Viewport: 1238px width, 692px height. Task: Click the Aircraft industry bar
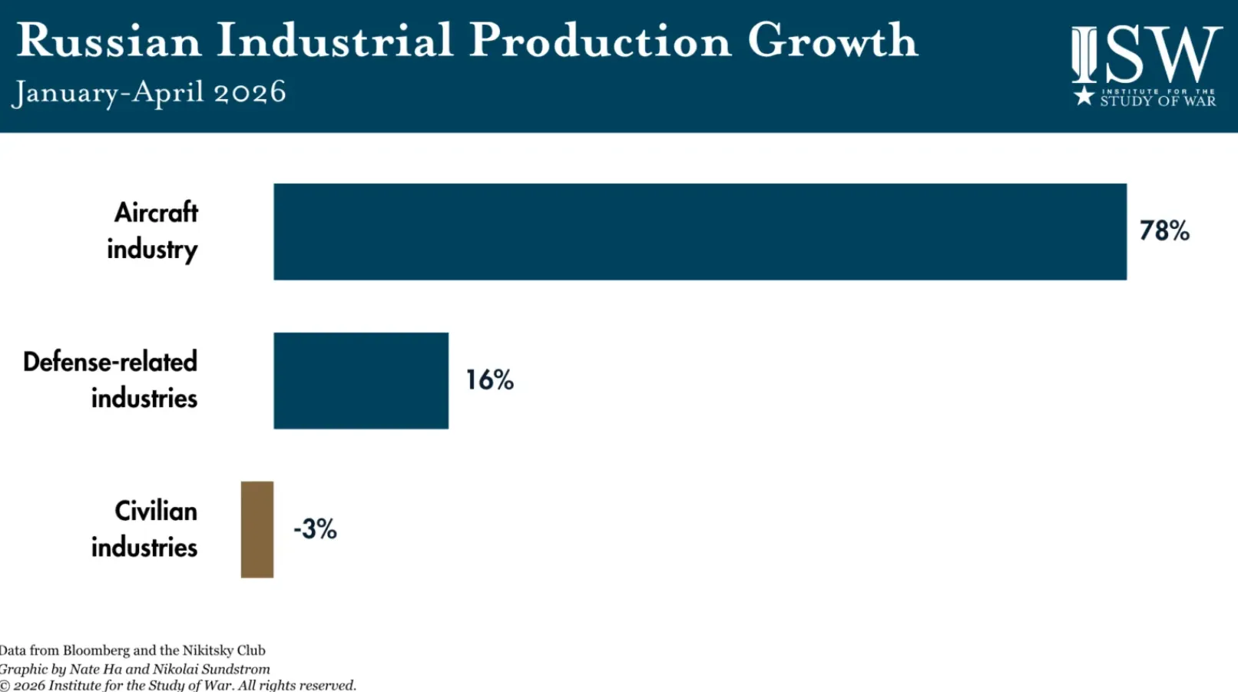click(x=700, y=232)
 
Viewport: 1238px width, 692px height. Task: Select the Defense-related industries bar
click(x=361, y=380)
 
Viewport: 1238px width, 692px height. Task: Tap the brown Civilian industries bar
click(x=257, y=529)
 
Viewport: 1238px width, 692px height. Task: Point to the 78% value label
click(x=1164, y=230)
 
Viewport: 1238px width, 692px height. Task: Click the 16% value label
click(x=490, y=380)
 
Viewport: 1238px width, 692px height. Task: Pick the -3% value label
click(x=315, y=529)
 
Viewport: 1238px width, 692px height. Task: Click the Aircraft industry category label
click(x=153, y=231)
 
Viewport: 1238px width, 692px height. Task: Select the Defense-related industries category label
click(x=110, y=380)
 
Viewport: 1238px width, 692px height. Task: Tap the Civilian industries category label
click(x=144, y=529)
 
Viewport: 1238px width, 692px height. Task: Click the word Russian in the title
click(x=109, y=41)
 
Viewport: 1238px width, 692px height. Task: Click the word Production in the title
click(x=601, y=41)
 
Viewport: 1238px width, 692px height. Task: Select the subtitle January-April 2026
click(x=149, y=92)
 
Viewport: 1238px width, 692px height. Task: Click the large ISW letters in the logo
click(x=1146, y=54)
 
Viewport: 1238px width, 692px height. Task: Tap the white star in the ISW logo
click(x=1084, y=95)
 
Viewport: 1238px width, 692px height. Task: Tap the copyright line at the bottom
click(x=178, y=685)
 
